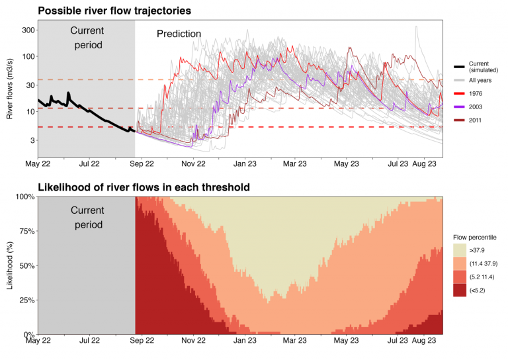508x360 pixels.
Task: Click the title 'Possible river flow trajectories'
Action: (x=114, y=11)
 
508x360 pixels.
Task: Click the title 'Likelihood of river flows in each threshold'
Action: (x=144, y=187)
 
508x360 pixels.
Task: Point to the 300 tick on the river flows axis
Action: (x=26, y=30)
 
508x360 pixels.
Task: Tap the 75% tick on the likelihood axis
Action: (x=25, y=231)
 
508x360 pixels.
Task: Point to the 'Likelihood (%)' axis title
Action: (x=10, y=265)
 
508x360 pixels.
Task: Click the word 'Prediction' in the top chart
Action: (x=179, y=34)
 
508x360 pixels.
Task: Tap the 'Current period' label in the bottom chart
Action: (x=86, y=218)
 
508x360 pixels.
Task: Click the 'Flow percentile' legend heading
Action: (x=474, y=236)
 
